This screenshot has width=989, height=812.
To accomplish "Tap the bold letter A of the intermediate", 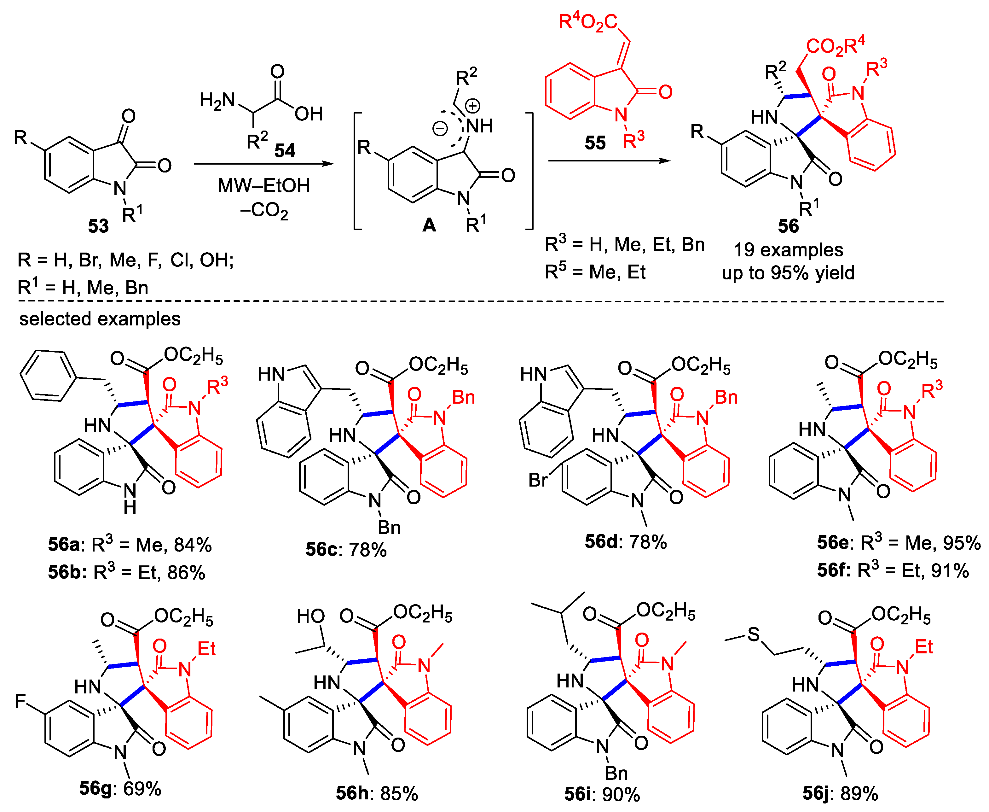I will click(429, 225).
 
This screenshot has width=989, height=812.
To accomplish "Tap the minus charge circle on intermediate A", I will click(440, 128).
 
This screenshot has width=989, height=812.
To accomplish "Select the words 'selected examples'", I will click(100, 319).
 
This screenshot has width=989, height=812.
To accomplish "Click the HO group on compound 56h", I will click(310, 616).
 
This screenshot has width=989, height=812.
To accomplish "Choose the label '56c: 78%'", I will click(346, 550).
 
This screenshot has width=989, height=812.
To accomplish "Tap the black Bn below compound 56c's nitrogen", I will click(389, 528).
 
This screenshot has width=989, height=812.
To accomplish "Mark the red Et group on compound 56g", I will click(206, 649).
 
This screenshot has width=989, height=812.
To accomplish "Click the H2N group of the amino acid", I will click(217, 101).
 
